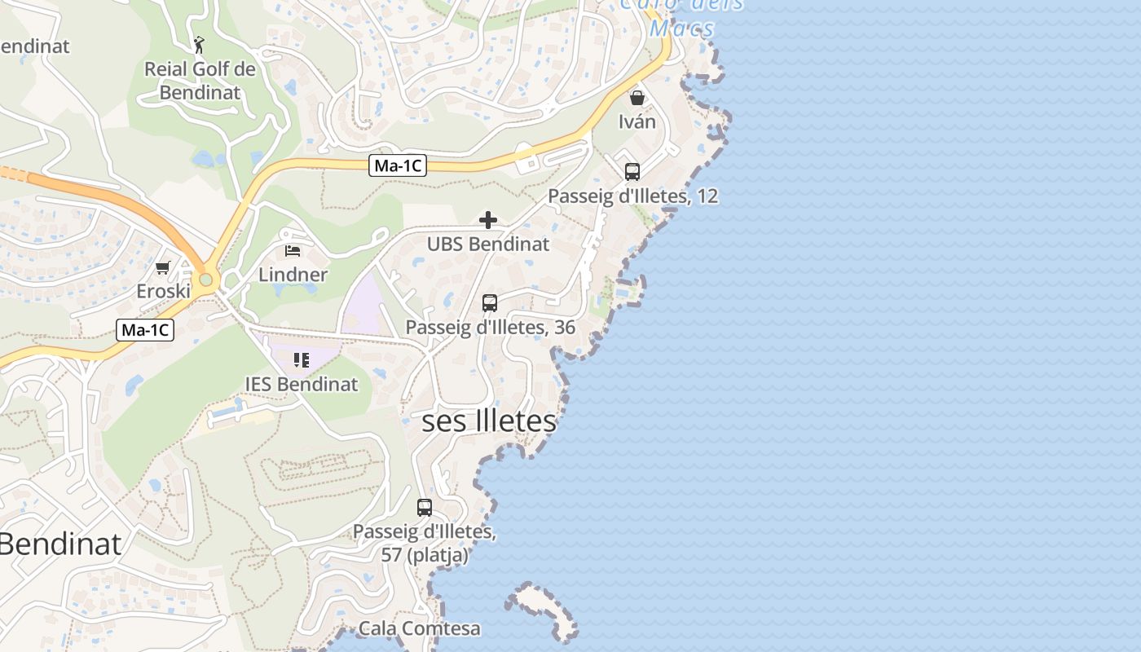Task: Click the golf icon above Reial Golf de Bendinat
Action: (199, 44)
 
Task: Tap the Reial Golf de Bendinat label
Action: (200, 81)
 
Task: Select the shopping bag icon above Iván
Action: (637, 98)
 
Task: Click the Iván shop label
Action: (637, 122)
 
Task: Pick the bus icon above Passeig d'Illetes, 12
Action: (632, 172)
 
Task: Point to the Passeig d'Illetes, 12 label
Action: (632, 196)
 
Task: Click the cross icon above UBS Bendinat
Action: (488, 220)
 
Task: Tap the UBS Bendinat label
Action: (488, 244)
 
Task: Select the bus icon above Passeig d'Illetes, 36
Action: (490, 303)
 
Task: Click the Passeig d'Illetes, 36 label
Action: (491, 328)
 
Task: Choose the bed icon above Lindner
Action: (293, 250)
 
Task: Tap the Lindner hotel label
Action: (293, 275)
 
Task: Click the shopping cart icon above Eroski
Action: (163, 267)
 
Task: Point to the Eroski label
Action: (163, 291)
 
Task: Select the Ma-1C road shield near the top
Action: (398, 165)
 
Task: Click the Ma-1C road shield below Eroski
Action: (146, 330)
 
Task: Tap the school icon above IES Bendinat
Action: (302, 359)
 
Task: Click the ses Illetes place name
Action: (489, 421)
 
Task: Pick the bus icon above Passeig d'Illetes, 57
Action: (425, 508)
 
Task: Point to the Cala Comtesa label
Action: (419, 629)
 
